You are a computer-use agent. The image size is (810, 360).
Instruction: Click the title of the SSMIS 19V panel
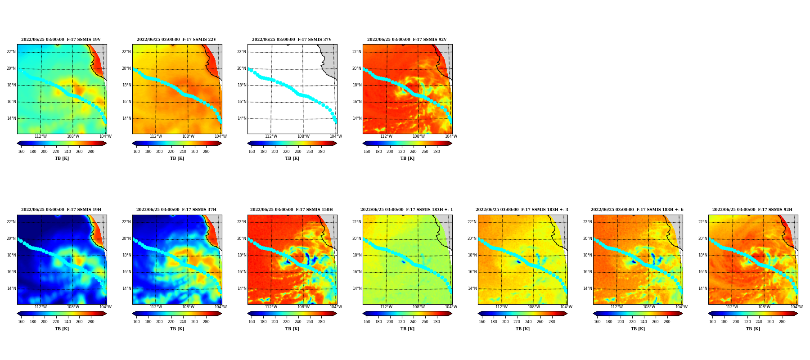coord(61,40)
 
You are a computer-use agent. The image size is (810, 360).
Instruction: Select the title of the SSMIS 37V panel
coord(292,40)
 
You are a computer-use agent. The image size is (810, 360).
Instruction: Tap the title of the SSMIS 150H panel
coord(292,210)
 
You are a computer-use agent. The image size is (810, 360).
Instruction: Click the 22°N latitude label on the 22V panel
coord(126,52)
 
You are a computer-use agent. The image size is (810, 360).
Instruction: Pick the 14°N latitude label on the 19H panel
coord(11,288)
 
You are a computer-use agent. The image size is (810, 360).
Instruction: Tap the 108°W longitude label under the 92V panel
coord(418,136)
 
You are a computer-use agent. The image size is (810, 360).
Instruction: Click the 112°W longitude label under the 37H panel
coord(156,307)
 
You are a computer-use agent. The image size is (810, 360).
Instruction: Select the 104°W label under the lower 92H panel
coord(796,307)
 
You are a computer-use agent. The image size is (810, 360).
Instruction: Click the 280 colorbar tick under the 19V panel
coord(91,152)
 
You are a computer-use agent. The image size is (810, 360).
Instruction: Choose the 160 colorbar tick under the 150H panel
coord(252,322)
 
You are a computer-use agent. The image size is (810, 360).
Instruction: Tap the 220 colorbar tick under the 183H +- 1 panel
coord(401,322)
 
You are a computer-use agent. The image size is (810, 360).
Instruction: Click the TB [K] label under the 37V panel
coord(292,158)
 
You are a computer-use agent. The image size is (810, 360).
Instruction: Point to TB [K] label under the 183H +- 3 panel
coord(522,329)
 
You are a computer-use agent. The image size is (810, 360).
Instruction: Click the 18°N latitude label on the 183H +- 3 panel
coord(472,255)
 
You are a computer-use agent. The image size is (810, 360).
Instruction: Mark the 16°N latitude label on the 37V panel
coord(242,102)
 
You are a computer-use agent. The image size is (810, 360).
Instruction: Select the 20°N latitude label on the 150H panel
coord(242,238)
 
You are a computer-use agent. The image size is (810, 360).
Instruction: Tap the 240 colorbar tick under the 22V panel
coord(183,152)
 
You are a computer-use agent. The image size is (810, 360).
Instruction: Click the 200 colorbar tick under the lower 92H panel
coord(736,322)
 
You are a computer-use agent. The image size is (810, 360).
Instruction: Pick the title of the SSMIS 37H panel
coord(176,210)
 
